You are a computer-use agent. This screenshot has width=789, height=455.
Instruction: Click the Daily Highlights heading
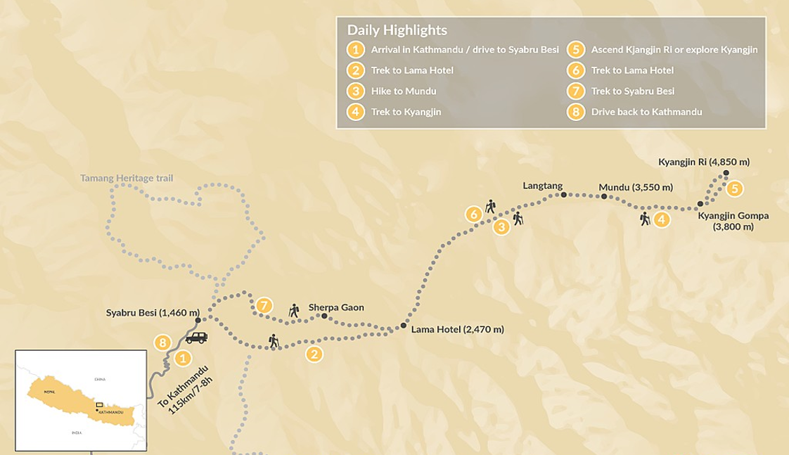point(397,31)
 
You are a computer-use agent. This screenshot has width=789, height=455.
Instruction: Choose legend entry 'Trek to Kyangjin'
point(406,112)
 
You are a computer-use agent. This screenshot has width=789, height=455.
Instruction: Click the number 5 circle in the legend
point(577,49)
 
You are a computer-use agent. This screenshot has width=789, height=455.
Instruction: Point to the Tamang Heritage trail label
point(126,178)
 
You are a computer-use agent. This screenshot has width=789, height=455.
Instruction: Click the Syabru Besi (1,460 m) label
point(153,312)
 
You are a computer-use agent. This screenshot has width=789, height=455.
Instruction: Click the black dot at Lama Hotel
point(403,326)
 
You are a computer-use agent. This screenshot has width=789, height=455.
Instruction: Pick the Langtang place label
point(543,186)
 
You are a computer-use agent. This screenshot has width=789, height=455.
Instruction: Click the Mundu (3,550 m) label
point(636,187)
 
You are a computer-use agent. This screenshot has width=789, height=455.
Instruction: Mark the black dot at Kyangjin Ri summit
point(726,173)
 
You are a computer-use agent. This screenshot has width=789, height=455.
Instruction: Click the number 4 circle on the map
point(661,219)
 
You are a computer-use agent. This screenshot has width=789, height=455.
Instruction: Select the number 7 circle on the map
point(264,305)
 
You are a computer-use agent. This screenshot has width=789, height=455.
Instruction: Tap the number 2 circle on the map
point(314,354)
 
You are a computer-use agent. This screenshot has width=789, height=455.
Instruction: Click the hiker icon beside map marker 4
point(645,219)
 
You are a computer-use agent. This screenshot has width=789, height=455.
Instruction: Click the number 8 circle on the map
point(163,342)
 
